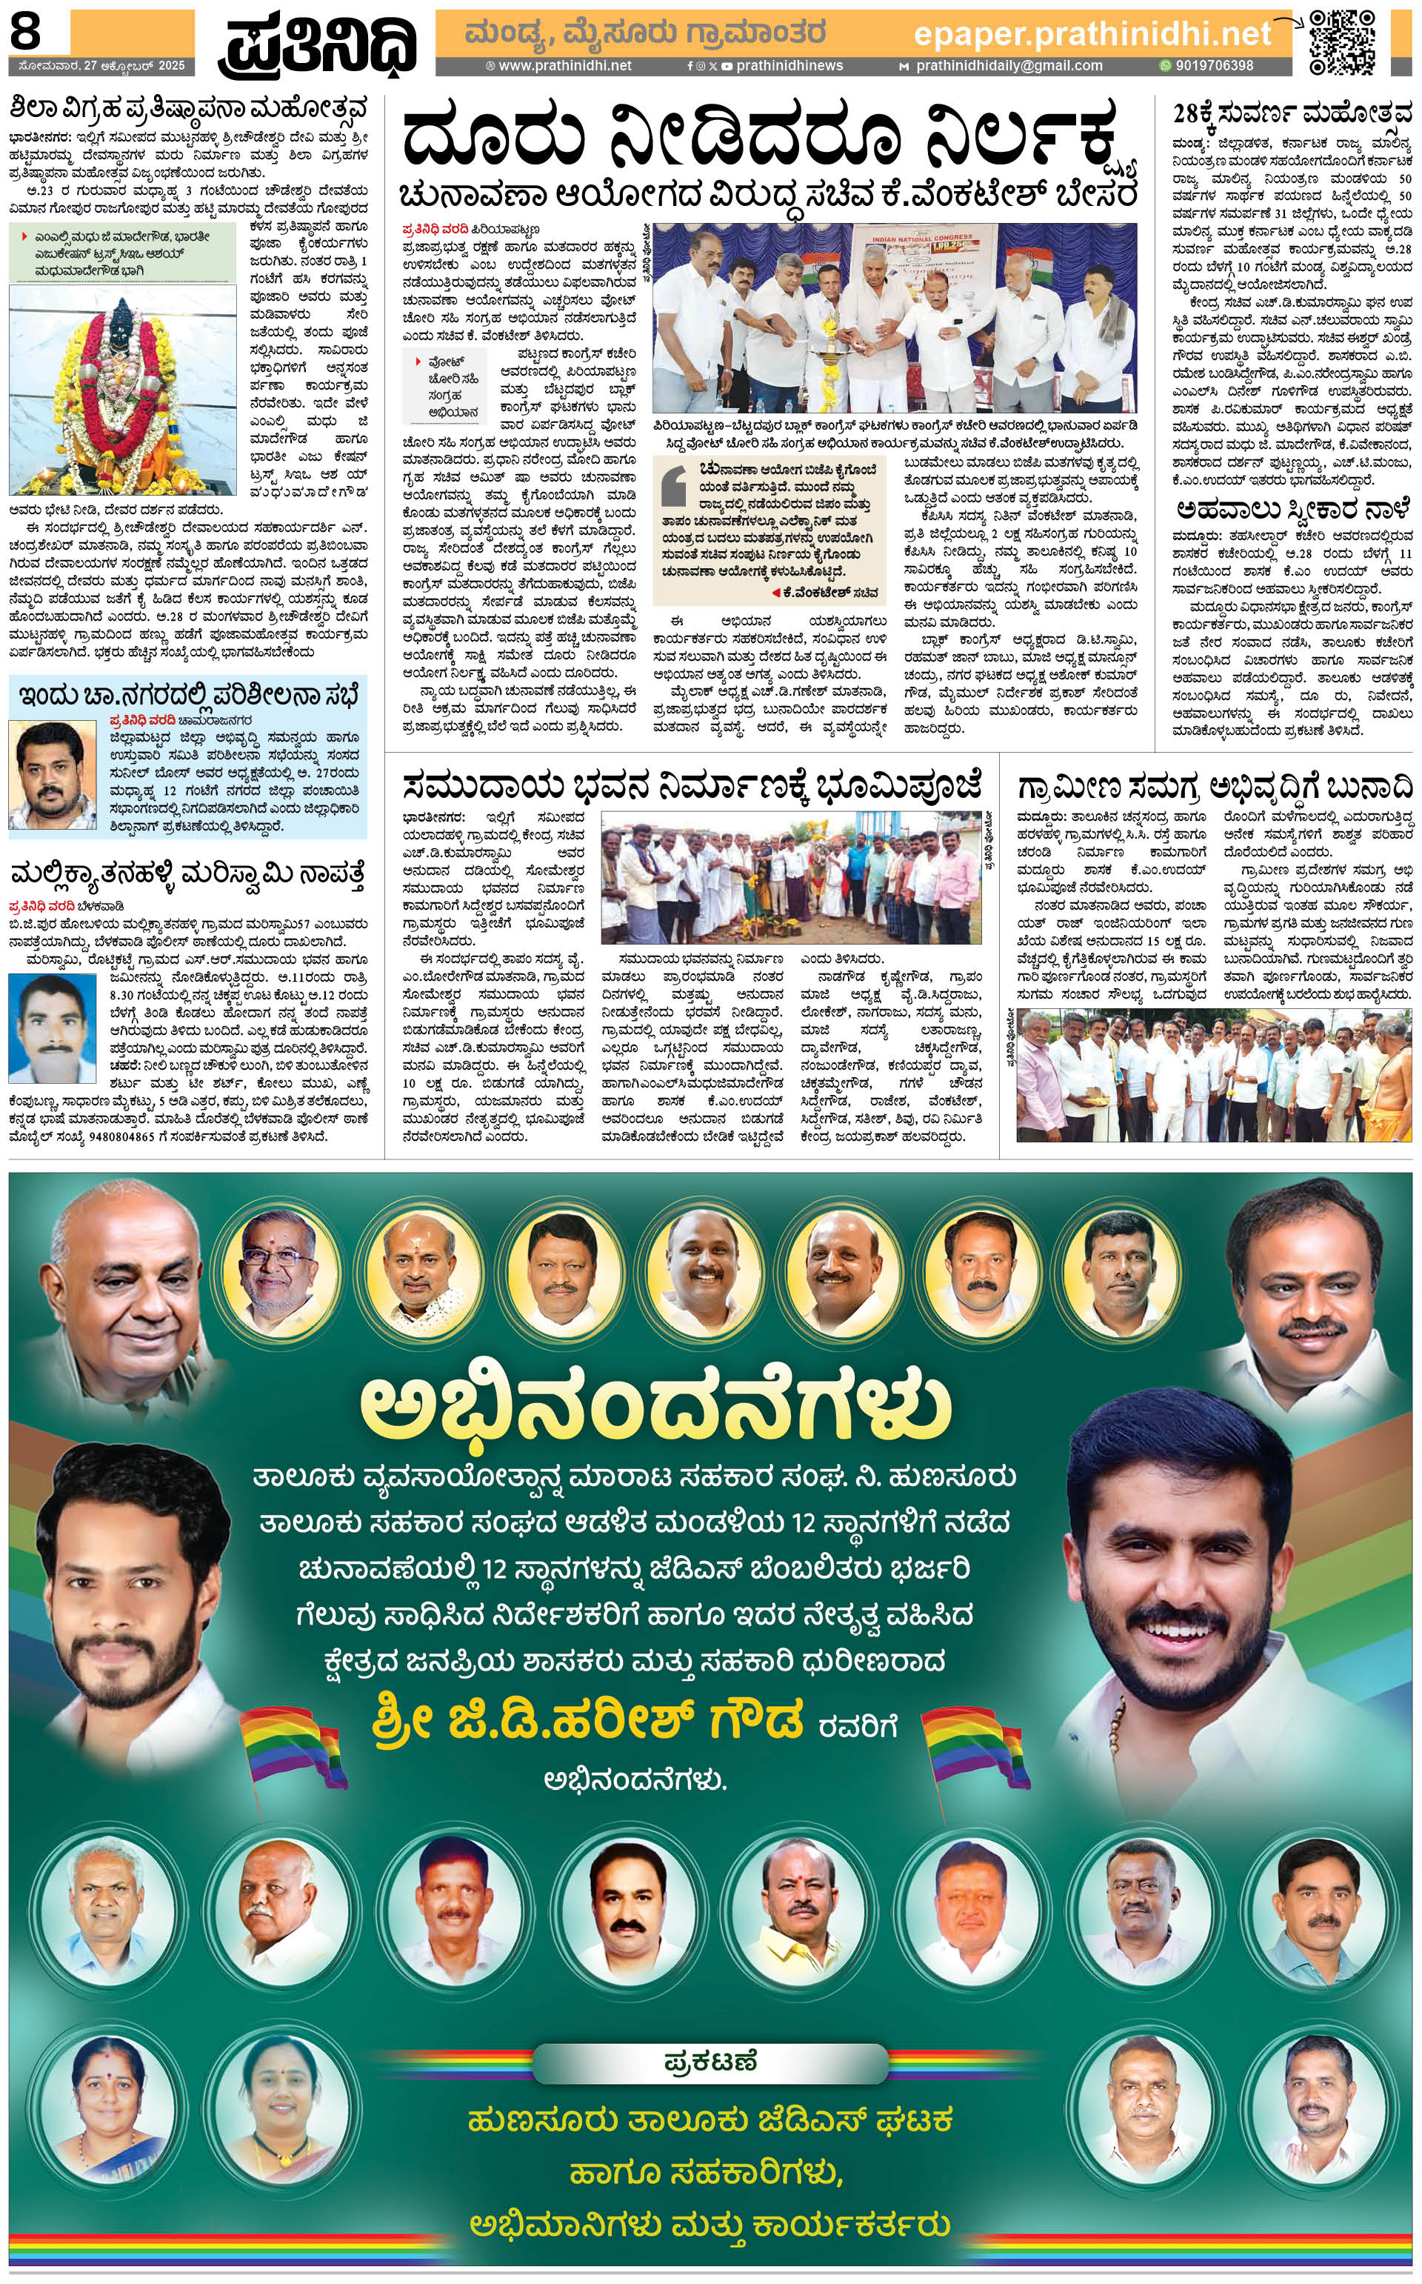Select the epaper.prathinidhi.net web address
click(1092, 35)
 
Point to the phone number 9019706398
click(1214, 66)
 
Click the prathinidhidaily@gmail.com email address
click(1008, 66)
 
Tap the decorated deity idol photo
click(122, 390)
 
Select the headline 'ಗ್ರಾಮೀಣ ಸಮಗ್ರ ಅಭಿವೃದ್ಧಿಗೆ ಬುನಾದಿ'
click(1213, 785)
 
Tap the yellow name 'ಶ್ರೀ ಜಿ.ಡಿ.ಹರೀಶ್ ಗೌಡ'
click(588, 1720)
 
